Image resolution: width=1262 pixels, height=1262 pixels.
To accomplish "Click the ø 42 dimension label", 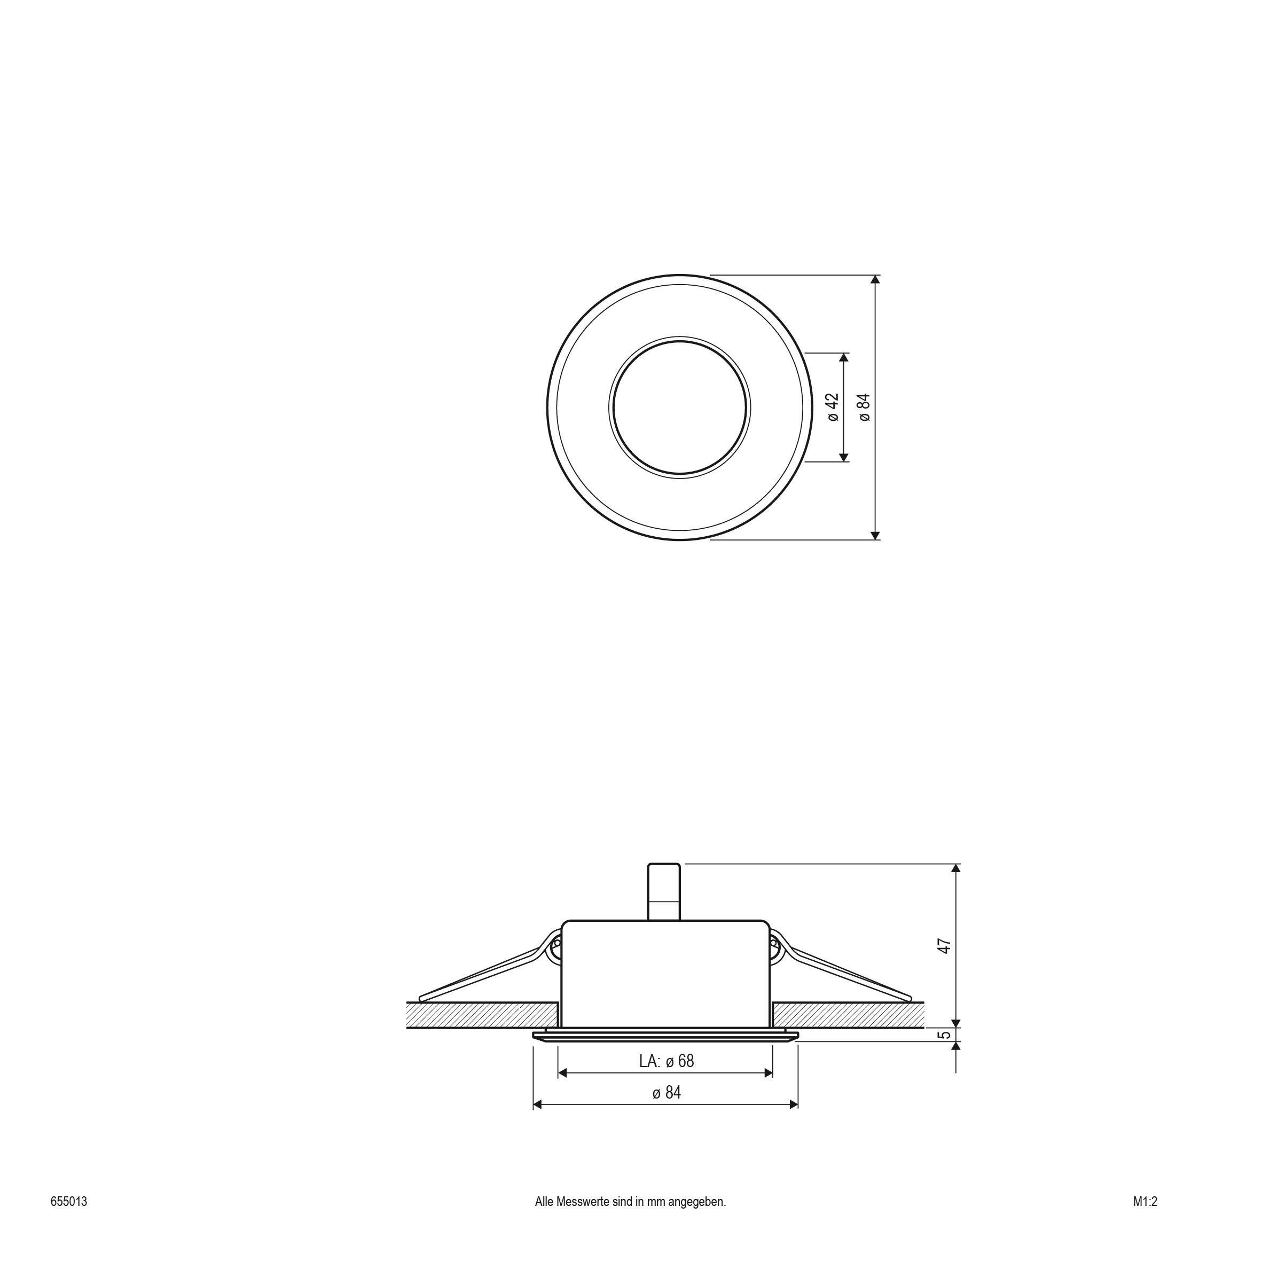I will click(x=833, y=407).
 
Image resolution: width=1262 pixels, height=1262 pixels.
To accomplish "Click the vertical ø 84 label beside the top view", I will click(x=865, y=407).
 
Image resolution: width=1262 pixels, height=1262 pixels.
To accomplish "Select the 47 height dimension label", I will click(x=944, y=946).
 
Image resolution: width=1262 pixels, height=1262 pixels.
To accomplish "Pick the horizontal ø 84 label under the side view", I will click(x=667, y=1093).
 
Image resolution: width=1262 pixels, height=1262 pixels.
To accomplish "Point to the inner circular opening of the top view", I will click(x=679, y=407).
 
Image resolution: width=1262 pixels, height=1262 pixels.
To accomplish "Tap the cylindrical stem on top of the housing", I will click(x=664, y=892).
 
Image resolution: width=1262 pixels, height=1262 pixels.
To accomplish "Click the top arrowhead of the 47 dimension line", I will click(x=957, y=869).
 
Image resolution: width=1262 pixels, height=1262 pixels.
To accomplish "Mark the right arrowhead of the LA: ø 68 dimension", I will click(x=769, y=1073).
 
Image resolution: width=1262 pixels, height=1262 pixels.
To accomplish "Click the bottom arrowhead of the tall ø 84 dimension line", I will click(x=876, y=535).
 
